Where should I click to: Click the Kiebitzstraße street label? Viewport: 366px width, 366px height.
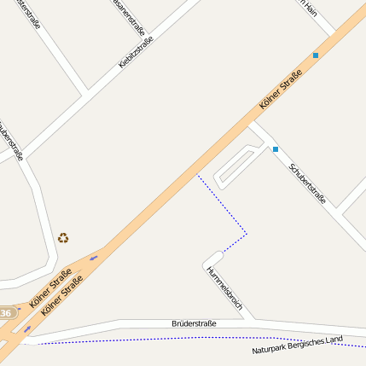coord(137,53)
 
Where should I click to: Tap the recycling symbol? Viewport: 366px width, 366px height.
coord(63,238)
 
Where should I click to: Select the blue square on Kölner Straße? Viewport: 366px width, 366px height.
coord(316,55)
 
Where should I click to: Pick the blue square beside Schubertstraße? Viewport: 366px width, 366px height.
coord(275,150)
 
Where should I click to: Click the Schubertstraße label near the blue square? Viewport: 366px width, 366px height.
coord(308,183)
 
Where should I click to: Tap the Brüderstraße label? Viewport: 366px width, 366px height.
coord(194,323)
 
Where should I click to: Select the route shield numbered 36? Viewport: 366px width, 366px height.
coord(6,314)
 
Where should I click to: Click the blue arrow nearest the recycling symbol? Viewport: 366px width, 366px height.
coord(93,257)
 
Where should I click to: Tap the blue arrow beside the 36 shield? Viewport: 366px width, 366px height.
coord(27,328)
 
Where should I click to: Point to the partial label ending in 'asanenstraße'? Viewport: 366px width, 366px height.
coord(129,15)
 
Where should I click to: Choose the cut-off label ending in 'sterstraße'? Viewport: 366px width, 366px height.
coord(27,15)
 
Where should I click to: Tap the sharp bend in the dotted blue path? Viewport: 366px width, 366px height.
coord(247,233)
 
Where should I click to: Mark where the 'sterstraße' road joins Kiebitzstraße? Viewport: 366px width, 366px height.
coord(84,90)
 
